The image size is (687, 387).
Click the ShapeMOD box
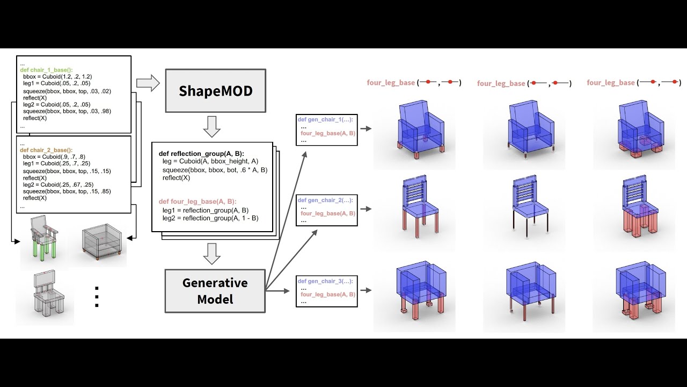215,90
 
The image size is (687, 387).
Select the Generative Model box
215,290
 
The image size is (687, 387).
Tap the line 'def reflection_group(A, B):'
201,154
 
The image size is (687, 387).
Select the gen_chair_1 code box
327,129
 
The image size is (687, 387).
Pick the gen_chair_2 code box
327,210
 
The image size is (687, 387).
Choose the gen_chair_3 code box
327,291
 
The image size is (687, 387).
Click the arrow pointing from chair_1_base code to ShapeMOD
148,83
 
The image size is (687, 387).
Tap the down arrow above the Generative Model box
213,254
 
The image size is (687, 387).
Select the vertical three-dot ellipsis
97,297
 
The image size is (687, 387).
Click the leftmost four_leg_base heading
391,83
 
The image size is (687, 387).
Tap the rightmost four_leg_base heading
611,83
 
